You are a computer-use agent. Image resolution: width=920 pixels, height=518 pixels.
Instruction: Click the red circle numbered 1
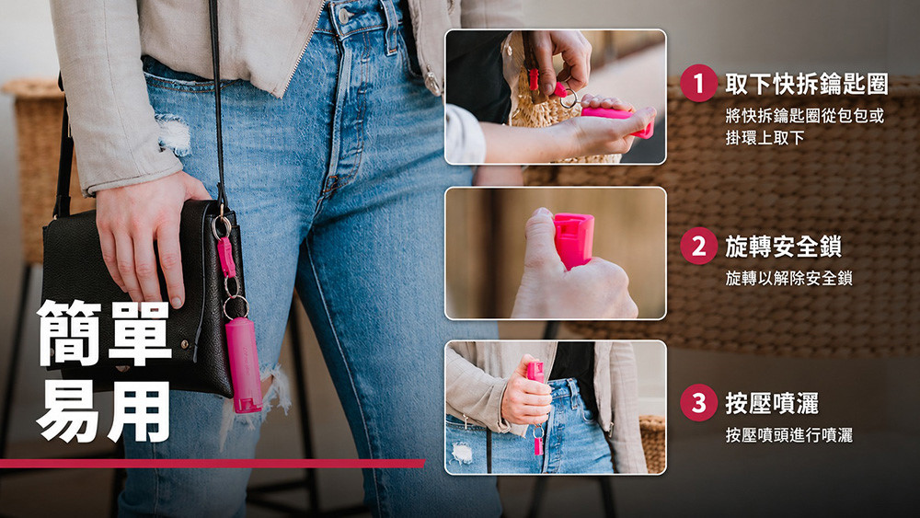click(x=698, y=84)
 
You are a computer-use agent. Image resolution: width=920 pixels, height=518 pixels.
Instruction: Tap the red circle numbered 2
click(x=698, y=246)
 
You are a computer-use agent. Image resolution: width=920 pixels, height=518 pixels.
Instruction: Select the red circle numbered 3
click(x=698, y=403)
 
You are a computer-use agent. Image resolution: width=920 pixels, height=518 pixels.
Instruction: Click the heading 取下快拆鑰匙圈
click(x=807, y=84)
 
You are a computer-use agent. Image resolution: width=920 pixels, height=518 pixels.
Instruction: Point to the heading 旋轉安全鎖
click(x=783, y=247)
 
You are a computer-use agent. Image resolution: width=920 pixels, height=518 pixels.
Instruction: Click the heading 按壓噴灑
click(x=772, y=403)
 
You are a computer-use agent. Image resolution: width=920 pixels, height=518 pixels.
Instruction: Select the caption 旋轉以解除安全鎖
click(x=788, y=278)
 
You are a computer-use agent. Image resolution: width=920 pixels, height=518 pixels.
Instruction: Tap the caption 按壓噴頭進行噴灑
click(x=788, y=434)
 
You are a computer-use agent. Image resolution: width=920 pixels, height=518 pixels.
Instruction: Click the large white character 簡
click(x=69, y=333)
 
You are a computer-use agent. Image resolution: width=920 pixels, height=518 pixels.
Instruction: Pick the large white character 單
click(x=140, y=333)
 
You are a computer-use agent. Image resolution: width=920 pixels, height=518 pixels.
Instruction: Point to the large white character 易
click(x=69, y=410)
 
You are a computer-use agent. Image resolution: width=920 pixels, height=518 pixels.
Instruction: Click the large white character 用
click(x=140, y=410)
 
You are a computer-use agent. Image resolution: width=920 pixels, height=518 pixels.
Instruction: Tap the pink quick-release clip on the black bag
click(x=226, y=257)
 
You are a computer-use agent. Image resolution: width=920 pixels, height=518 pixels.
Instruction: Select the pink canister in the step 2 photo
click(x=573, y=239)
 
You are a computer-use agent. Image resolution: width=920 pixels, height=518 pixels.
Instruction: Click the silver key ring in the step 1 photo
click(x=569, y=98)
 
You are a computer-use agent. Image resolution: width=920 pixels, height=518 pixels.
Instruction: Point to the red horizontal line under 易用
click(x=213, y=464)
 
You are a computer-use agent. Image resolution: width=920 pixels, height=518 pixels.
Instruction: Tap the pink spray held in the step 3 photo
click(x=535, y=372)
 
